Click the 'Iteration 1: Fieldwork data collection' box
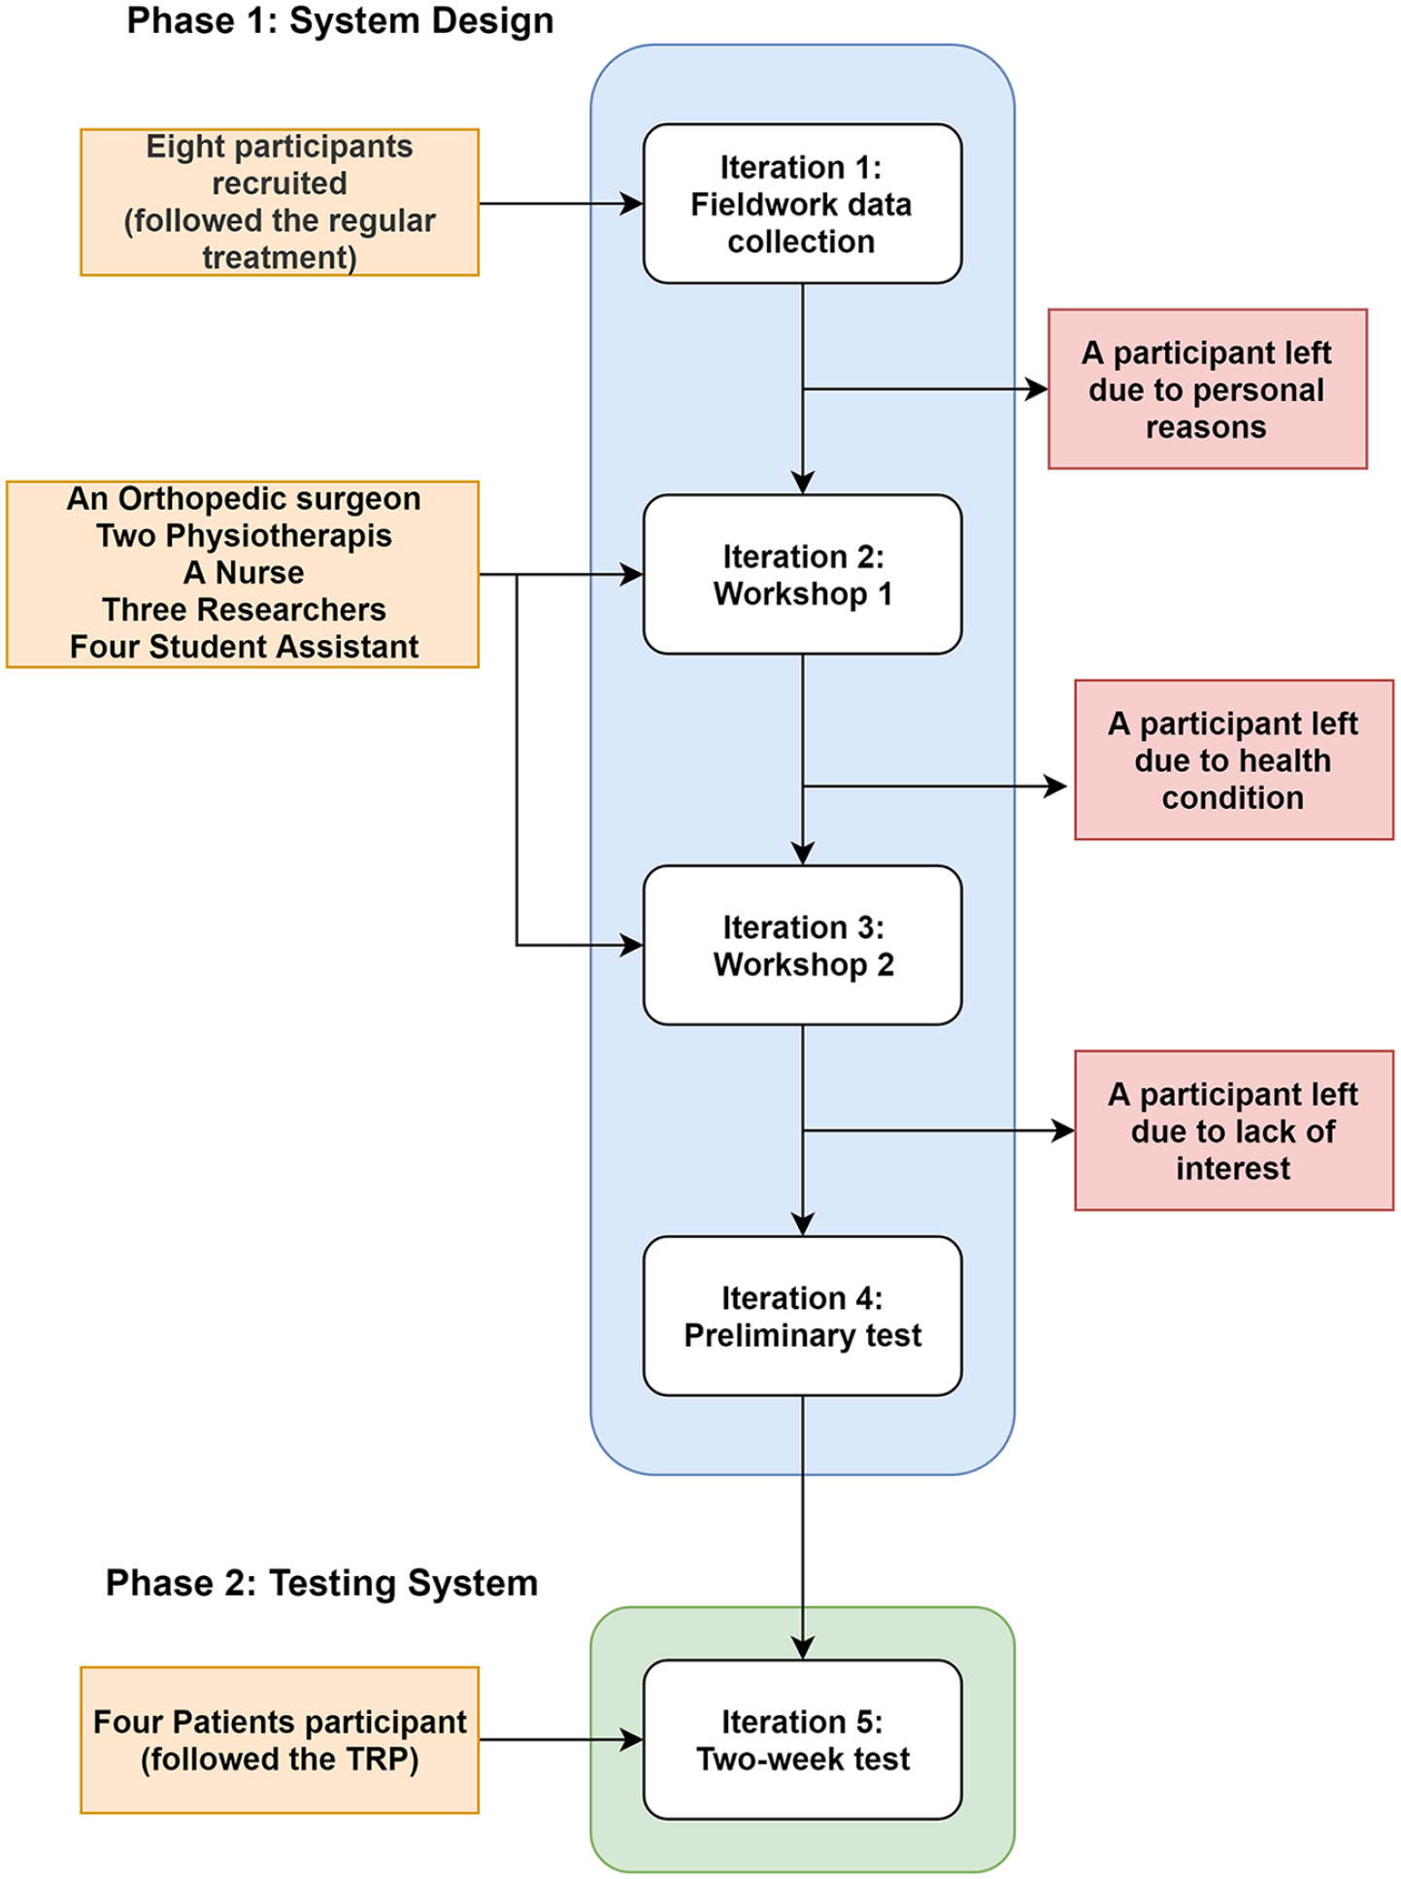802,204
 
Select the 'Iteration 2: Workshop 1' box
802,575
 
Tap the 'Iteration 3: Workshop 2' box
802,945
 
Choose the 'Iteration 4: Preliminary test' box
802,1316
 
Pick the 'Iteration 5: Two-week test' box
802,1739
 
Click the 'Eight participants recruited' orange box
280,202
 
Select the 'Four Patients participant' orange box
280,1740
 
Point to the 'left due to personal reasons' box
1208,389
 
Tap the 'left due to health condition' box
1234,759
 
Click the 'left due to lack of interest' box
1234,1130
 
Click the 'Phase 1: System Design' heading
340,20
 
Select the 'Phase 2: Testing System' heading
321,1583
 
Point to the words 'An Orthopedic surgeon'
244,499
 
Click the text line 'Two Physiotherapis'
244,536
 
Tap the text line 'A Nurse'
244,573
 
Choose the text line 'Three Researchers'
244,610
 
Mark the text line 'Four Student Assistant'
244,647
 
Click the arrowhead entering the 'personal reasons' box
1038,389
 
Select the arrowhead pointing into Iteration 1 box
632,204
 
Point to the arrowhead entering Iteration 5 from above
803,1649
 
